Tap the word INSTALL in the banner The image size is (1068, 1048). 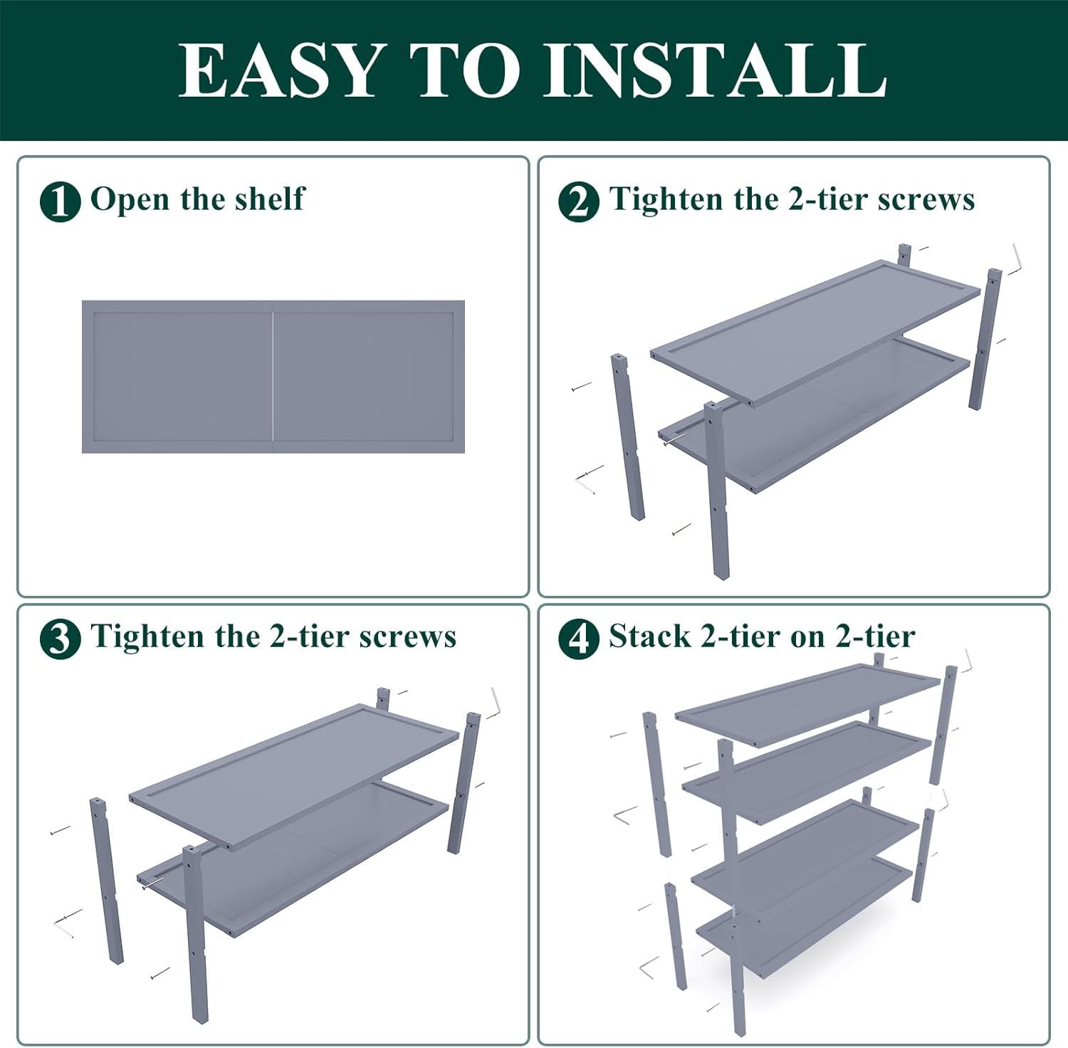[x=715, y=70]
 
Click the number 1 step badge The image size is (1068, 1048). [x=60, y=201]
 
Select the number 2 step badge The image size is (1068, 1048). [x=578, y=201]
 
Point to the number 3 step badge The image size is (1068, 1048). [x=60, y=639]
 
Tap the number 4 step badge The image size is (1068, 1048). [x=578, y=639]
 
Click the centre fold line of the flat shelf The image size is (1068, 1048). [x=273, y=377]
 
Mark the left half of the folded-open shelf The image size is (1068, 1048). [x=177, y=377]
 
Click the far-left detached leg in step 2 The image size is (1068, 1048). [x=628, y=436]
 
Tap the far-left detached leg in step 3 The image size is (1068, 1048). [x=107, y=881]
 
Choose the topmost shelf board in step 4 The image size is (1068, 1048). [x=808, y=705]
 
